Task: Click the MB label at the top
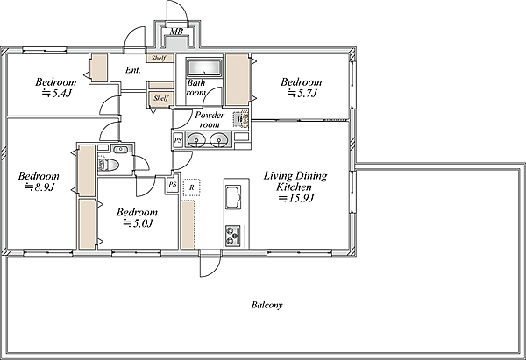pos(176,32)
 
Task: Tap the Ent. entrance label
pos(133,70)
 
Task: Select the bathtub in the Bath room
pos(204,67)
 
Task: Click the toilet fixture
pos(108,165)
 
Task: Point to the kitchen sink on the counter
pos(233,196)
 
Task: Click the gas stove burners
pos(233,236)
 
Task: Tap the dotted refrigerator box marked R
pos(191,187)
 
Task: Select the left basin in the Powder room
pos(196,140)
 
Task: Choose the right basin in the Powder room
pos(218,140)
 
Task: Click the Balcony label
pos(267,305)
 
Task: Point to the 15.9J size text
pos(296,198)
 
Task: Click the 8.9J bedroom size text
pos(39,187)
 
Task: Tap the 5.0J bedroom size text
pos(138,222)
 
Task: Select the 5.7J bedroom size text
pos(302,93)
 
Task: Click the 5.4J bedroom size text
pos(56,93)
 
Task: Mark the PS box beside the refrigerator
pos(173,184)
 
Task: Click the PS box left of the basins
pos(178,140)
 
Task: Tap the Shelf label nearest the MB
pos(159,59)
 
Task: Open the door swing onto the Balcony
pos(210,265)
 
